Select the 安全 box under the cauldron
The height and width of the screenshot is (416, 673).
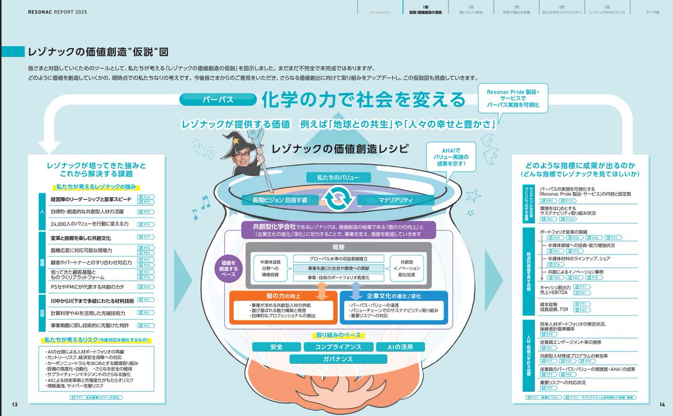click(x=276, y=347)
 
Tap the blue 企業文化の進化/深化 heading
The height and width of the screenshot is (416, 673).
click(x=394, y=295)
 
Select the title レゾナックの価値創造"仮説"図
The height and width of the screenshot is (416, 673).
click(x=98, y=52)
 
